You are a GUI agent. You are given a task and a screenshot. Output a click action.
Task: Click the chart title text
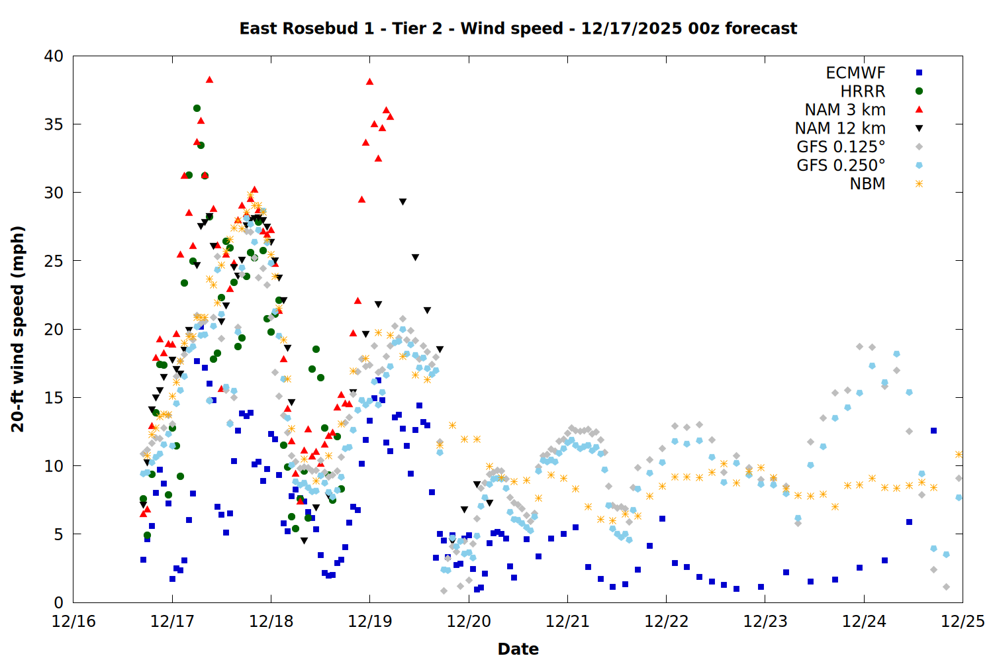tap(518, 28)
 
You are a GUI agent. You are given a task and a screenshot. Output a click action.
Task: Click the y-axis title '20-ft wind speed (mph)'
tap(18, 329)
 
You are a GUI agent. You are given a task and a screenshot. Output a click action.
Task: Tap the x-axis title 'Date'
tap(518, 649)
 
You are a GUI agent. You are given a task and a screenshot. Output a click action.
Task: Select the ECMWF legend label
tap(855, 73)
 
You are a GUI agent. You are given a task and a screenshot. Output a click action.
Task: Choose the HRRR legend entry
tap(863, 91)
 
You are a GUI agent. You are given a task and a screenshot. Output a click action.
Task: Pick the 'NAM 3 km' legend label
tap(845, 110)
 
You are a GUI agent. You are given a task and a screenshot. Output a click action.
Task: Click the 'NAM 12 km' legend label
tap(840, 128)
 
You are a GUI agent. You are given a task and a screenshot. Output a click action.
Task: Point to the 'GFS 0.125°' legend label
tap(841, 147)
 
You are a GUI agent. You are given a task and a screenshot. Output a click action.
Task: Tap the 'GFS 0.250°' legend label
tap(841, 165)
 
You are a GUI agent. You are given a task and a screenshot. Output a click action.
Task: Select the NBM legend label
tap(867, 184)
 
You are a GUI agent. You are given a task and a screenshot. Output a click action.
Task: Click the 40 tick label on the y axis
tap(54, 56)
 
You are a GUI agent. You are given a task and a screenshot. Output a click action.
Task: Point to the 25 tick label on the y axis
tap(54, 261)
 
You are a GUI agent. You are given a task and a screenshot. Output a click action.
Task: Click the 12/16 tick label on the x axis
tap(73, 622)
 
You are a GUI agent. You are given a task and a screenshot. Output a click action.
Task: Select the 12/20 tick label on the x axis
tap(469, 622)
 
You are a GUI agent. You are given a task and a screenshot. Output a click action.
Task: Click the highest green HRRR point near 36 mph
tap(197, 108)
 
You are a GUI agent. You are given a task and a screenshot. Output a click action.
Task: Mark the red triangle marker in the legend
tap(919, 110)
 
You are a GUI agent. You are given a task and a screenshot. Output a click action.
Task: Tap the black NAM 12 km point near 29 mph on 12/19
tap(402, 202)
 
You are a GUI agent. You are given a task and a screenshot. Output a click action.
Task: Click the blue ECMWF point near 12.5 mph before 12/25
tap(933, 430)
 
